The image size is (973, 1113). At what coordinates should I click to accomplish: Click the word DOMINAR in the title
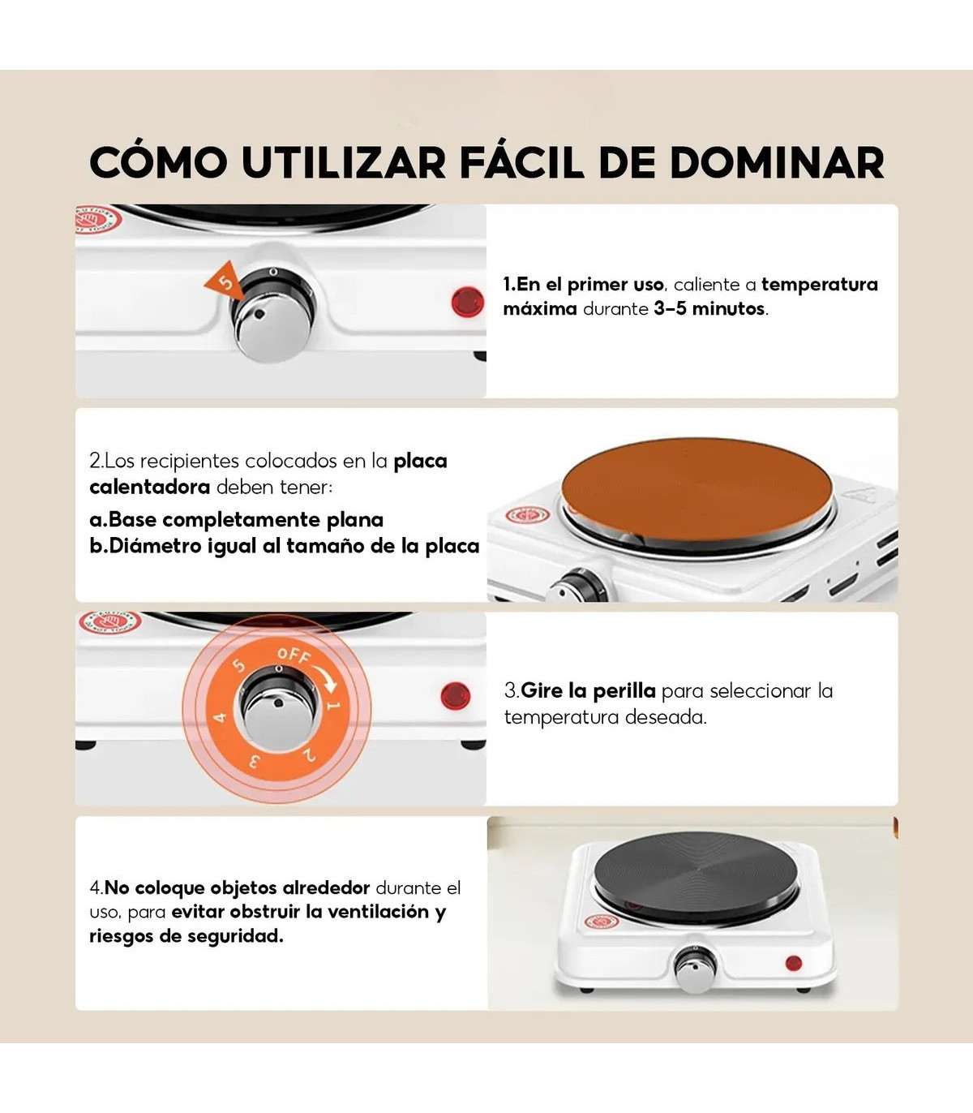click(x=776, y=162)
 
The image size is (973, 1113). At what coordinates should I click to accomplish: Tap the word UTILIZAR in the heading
click(x=344, y=162)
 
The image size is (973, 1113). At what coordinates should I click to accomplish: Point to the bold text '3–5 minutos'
click(x=709, y=309)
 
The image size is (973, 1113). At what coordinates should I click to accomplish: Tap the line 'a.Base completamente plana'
click(x=237, y=520)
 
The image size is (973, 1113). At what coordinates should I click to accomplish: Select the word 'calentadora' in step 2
click(x=149, y=487)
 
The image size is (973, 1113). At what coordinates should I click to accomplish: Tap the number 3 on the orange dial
click(x=255, y=761)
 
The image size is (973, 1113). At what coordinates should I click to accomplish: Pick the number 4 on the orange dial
click(x=220, y=717)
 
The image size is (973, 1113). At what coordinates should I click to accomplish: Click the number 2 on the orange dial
click(x=309, y=754)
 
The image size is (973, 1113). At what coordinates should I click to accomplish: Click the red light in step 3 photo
click(x=456, y=696)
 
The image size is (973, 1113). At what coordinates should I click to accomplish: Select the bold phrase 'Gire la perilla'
click(x=588, y=691)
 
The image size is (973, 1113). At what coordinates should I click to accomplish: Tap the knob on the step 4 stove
click(x=695, y=969)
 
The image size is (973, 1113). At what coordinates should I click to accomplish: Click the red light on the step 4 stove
click(x=794, y=964)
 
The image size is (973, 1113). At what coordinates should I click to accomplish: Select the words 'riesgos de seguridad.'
click(x=186, y=936)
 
